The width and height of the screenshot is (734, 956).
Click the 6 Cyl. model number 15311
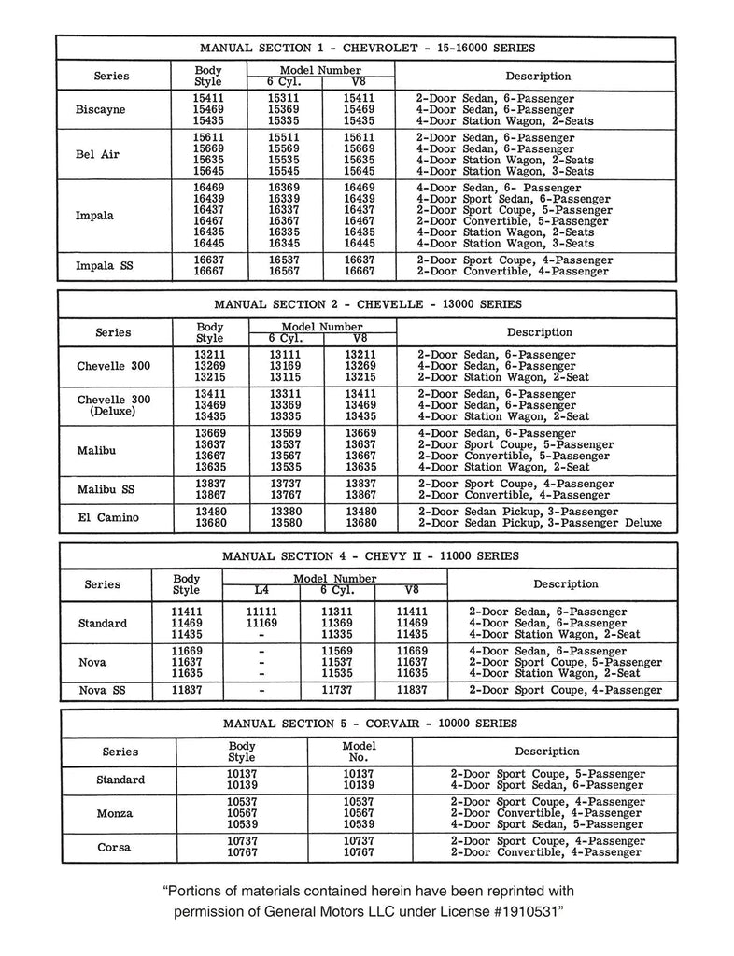284,98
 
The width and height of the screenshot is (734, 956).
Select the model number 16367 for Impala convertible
284,221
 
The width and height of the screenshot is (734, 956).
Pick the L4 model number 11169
261,623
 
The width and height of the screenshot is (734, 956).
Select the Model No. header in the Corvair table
359,752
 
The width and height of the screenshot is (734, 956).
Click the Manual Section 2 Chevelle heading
367,303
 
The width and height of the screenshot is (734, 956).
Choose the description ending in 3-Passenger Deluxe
540,523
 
